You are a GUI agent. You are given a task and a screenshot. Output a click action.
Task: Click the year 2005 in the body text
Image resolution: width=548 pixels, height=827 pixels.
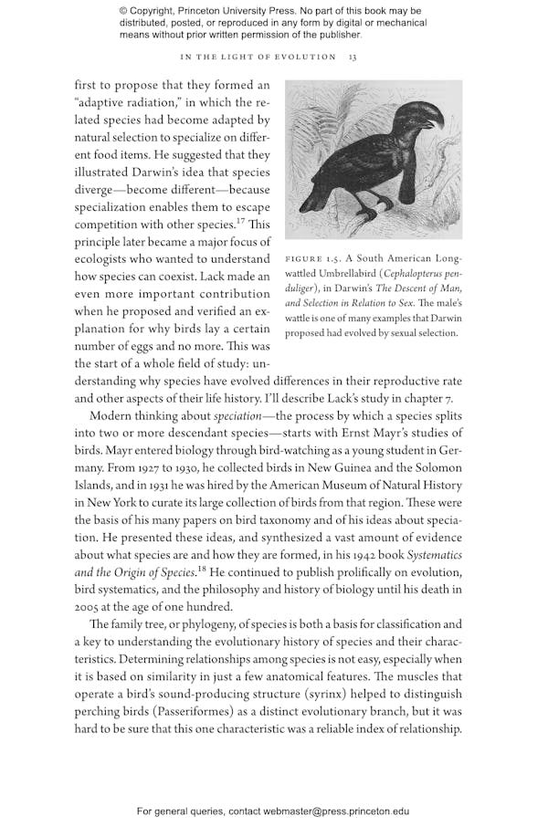point(90,606)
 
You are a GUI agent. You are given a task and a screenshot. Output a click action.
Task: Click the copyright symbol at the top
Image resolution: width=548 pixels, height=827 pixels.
point(124,12)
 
